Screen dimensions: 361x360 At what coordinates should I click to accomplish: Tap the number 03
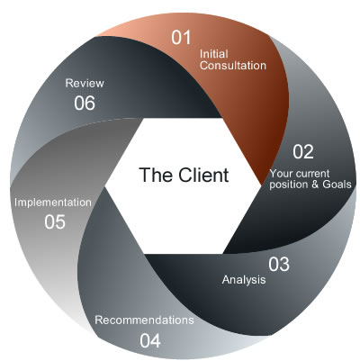coord(279,264)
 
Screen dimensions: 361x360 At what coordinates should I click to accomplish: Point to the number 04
coord(150,340)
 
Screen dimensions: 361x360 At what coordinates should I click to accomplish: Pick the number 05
coord(55,221)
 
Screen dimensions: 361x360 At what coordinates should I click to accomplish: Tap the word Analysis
coord(244,280)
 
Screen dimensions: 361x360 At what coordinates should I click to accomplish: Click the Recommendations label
coord(144,320)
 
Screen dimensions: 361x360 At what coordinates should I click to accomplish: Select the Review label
coord(85,82)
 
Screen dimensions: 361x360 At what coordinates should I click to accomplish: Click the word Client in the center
coord(201,175)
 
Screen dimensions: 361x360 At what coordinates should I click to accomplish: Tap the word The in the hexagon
coord(155,175)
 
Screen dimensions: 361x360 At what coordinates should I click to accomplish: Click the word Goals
coord(336,185)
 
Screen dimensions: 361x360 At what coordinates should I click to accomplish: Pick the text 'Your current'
coord(302,172)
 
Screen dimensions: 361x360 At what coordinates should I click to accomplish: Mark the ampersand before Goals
coord(313,185)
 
